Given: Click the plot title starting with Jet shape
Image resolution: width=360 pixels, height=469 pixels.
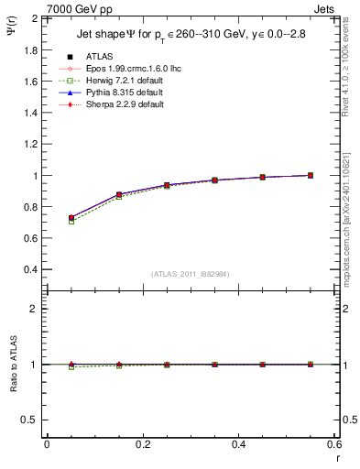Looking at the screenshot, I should tap(185, 36).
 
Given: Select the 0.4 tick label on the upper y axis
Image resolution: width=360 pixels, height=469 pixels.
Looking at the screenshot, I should tap(31, 270).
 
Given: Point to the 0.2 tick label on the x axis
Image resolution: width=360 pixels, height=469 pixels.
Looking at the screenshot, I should tap(142, 443).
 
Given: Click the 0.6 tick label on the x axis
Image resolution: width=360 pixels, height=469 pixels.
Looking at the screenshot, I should tap(333, 443).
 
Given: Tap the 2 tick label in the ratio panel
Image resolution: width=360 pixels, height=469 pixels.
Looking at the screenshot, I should tap(35, 309).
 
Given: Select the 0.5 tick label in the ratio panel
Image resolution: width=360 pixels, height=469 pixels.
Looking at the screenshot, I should tap(31, 420).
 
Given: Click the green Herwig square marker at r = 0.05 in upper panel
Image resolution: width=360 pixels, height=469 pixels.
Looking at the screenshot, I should tap(47, 222).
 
